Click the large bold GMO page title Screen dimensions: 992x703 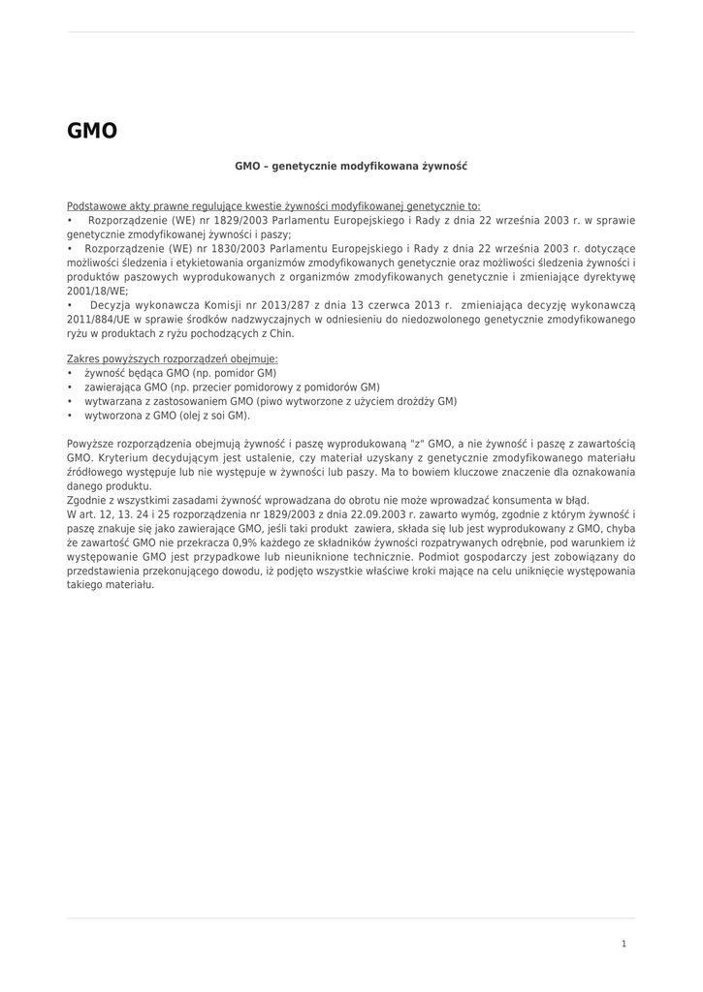92,131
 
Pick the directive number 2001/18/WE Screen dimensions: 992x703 97,291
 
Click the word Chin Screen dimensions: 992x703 281,333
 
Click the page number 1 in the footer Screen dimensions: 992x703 623,944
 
